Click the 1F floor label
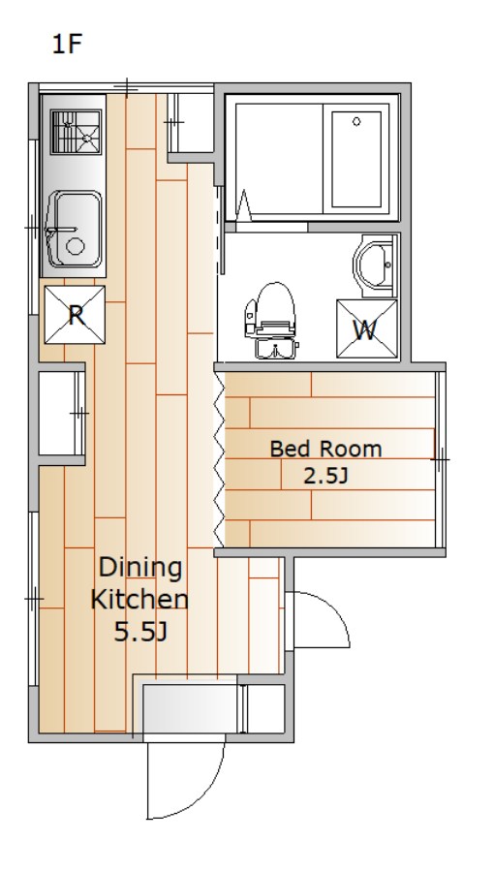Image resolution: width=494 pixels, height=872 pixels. coord(67,44)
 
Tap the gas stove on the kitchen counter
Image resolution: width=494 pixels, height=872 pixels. coord(77,131)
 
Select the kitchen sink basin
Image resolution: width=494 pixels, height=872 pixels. coord(75,229)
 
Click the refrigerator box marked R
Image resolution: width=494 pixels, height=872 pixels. coord(75,315)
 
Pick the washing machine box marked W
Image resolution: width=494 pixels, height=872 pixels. coord(367,329)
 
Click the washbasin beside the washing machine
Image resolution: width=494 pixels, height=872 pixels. coord(375,265)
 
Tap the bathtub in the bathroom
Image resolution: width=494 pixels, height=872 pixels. coord(356,159)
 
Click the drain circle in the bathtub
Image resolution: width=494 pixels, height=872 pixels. coord(356,121)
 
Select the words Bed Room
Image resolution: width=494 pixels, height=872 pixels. coord(325,449)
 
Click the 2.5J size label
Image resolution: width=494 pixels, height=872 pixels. coord(325,476)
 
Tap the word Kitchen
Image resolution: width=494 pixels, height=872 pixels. coord(139,600)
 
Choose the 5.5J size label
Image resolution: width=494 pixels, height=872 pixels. coord(140,632)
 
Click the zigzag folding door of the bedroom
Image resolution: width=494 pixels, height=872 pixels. coord(219,459)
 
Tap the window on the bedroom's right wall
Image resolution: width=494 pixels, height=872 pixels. coord(440,459)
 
